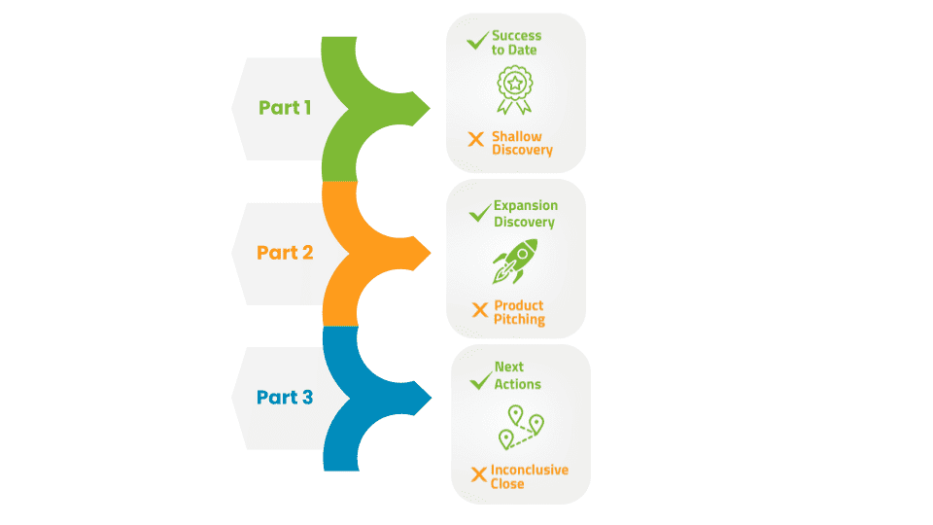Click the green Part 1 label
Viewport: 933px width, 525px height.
(x=285, y=108)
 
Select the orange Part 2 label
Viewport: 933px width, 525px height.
(x=285, y=253)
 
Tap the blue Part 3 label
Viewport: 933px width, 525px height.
(x=285, y=397)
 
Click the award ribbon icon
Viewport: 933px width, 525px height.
(x=515, y=89)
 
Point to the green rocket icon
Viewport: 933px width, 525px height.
(x=515, y=261)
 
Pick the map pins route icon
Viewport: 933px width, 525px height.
(x=521, y=428)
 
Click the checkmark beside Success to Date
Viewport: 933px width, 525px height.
(x=478, y=41)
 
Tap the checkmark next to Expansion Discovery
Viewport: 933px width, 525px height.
(x=480, y=213)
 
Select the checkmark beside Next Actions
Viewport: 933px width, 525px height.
(x=481, y=381)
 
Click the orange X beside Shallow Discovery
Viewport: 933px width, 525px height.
(x=476, y=139)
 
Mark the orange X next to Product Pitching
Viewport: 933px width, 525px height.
(x=479, y=310)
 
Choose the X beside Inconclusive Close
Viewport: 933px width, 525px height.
(x=479, y=474)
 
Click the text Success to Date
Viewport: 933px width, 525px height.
(x=516, y=43)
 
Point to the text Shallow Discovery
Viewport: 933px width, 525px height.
(x=523, y=144)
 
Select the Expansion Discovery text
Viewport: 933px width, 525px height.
(x=526, y=214)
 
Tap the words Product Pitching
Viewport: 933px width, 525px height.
(x=519, y=312)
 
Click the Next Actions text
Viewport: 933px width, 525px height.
(x=518, y=375)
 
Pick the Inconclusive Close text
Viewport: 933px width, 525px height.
(x=529, y=476)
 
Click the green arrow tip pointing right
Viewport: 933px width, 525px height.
(x=430, y=108)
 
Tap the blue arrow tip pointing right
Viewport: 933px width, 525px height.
(x=431, y=398)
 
